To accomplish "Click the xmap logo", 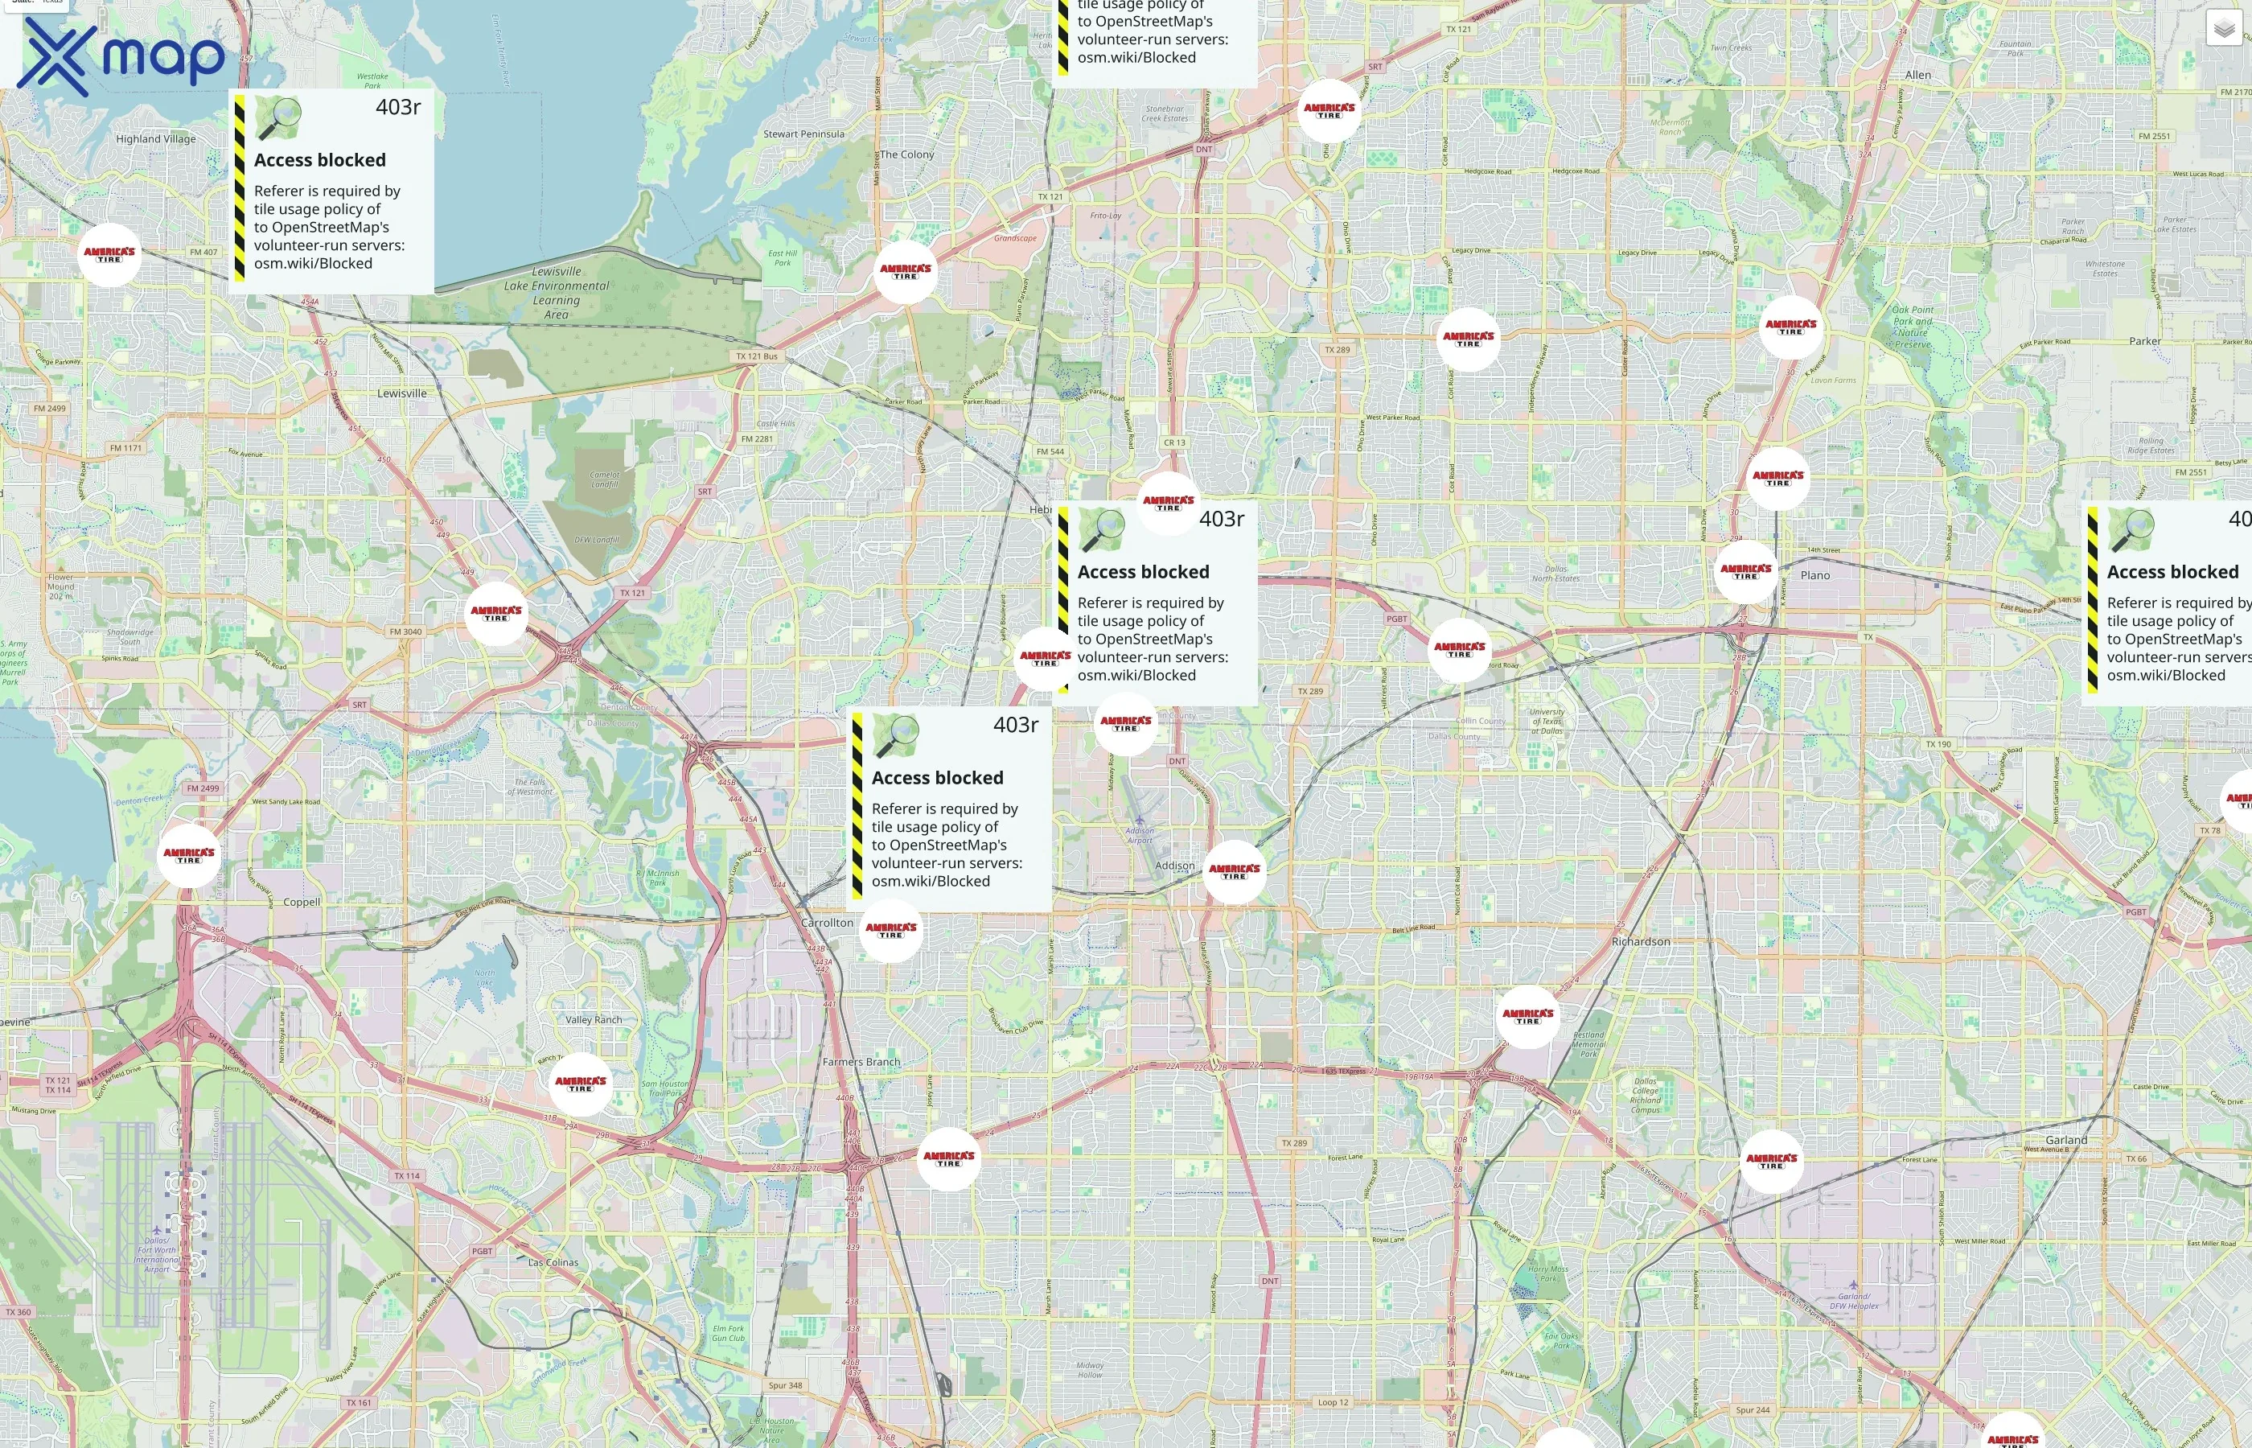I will coord(121,56).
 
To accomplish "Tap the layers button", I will coord(2223,28).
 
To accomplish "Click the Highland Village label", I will coord(156,139).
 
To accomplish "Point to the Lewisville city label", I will coord(401,393).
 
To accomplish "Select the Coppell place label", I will coord(302,902).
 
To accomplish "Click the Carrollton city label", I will coord(827,923).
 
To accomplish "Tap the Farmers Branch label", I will coord(861,1062).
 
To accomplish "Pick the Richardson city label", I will coord(1640,941).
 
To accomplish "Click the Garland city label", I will coord(2066,1140).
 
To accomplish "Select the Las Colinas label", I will coord(553,1262).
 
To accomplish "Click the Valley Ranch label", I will coord(593,1019).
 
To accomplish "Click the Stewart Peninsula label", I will coord(803,134).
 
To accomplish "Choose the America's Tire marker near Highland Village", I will coord(109,255).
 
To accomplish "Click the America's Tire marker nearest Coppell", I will coord(189,856).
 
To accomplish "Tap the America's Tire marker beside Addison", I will coord(1234,872).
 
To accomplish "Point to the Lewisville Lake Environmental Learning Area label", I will coord(557,293).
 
